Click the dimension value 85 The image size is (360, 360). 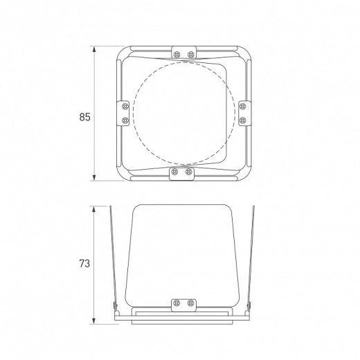tap(84, 117)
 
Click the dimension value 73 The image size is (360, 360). tap(84, 263)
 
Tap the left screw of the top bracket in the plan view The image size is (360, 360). tap(177, 55)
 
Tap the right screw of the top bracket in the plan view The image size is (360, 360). tap(190, 55)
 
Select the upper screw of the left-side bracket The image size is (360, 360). tap(125, 107)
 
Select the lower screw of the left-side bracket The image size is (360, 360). tap(125, 120)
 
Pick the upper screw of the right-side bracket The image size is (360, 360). tap(242, 107)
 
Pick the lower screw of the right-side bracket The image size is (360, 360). tap(242, 120)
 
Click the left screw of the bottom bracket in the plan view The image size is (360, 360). tap(175, 172)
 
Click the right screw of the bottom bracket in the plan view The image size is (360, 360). tap(188, 172)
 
